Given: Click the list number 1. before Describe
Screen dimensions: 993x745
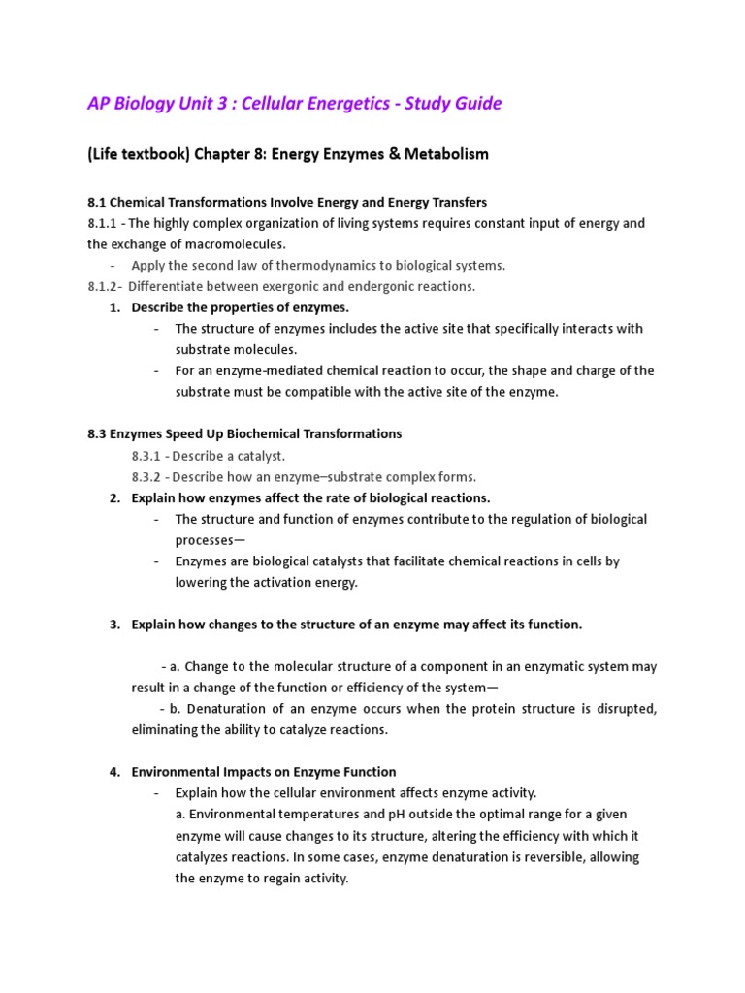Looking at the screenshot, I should coord(114,307).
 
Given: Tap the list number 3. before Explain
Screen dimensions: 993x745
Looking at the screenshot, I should coord(114,625).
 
